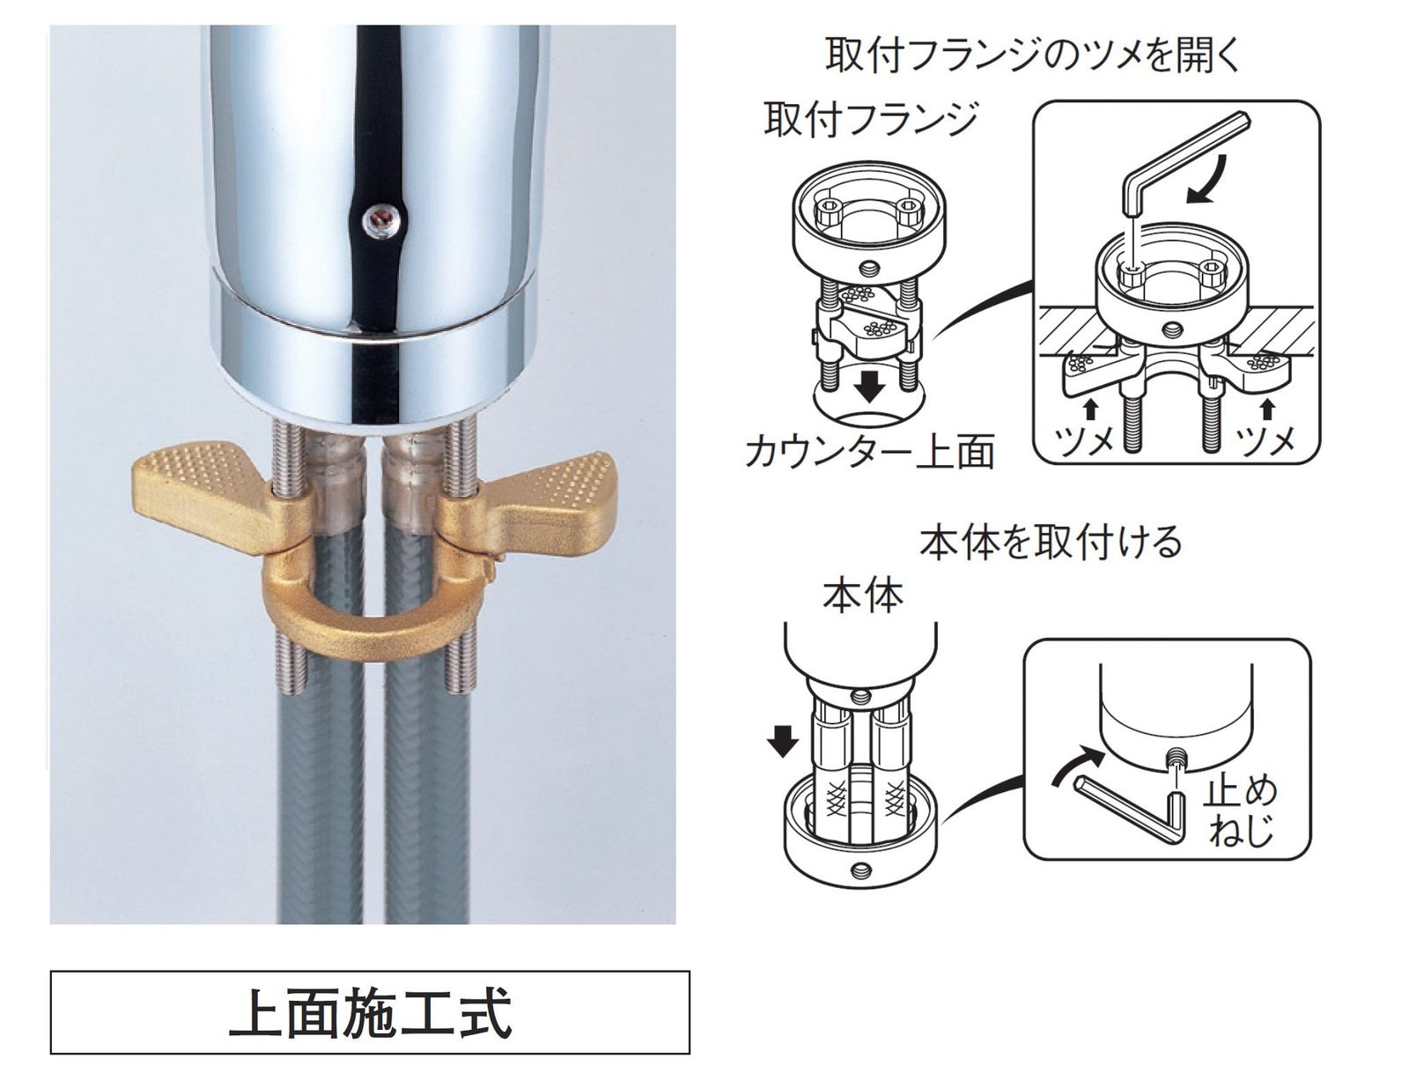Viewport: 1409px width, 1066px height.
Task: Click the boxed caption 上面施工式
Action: (x=370, y=1012)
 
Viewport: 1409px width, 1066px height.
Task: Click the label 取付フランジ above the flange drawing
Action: (x=871, y=119)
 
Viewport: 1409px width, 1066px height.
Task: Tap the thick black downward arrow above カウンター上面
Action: (x=870, y=385)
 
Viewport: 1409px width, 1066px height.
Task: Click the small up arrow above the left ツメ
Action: (x=1089, y=407)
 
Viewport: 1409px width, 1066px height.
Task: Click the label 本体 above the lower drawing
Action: (x=863, y=596)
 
